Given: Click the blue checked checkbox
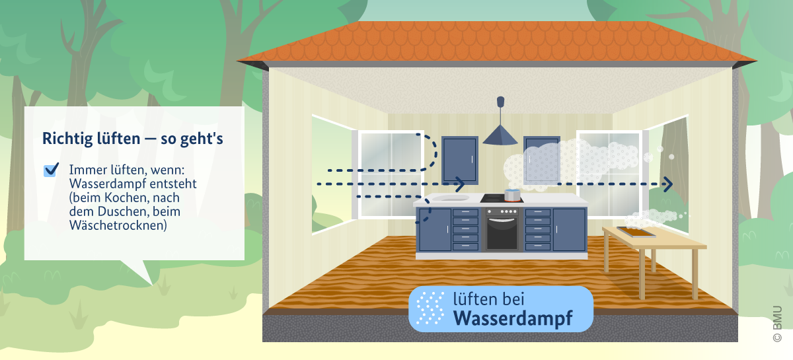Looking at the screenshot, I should point(51,170).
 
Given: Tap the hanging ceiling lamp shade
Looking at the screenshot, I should point(500,136).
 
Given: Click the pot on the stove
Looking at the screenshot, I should point(511,194).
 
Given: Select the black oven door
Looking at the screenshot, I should point(502,233).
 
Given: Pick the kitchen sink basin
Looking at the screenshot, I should point(449,197).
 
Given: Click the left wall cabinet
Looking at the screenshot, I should point(459,159).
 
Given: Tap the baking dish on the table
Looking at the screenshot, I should point(636,231).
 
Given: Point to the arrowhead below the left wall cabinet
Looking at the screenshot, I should point(459,181).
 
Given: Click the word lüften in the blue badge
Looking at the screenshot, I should point(472,299).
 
